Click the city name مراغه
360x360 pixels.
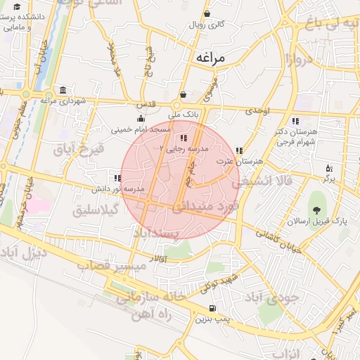click(x=210, y=58)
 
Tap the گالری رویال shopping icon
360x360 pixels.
click(x=207, y=14)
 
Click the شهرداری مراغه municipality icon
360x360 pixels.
click(x=63, y=91)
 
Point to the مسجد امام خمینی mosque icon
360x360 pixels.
click(x=141, y=118)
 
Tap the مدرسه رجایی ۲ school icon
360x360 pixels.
click(x=184, y=138)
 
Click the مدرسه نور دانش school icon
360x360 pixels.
click(x=116, y=178)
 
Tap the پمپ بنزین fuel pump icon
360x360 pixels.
click(x=212, y=309)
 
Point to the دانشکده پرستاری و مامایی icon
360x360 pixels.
click(x=13, y=18)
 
